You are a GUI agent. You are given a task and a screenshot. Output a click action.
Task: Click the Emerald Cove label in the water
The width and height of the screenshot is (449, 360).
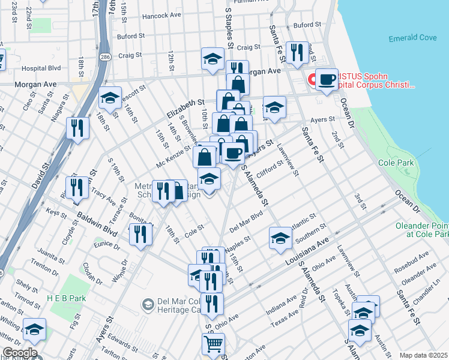(x=412, y=38)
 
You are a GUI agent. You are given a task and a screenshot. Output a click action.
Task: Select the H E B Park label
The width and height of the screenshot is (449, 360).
(x=66, y=298)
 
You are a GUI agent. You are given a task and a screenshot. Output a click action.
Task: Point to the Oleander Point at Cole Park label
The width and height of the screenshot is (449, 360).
(x=422, y=230)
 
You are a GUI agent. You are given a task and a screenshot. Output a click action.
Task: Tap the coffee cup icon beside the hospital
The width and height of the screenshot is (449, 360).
(x=327, y=79)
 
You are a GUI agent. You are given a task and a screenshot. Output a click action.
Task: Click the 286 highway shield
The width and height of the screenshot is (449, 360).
(x=105, y=57)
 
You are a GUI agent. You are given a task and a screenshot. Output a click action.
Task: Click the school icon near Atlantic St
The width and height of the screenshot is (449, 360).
(x=280, y=238)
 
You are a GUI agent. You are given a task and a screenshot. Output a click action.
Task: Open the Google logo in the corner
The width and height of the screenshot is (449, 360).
(x=19, y=353)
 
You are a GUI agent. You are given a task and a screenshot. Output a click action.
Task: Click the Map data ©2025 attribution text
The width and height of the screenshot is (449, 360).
(x=424, y=355)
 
